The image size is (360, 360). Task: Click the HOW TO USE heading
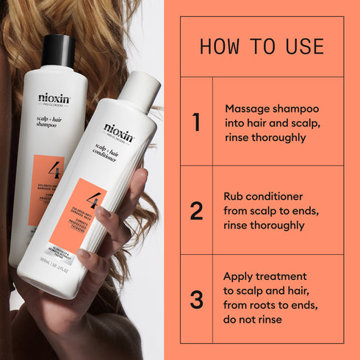262,47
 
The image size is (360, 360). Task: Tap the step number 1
196,122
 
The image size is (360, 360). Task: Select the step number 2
196,211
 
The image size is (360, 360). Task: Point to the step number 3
196,300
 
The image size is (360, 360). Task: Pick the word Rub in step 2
235,197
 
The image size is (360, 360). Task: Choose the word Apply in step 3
240,276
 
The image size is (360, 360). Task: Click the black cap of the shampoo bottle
59,50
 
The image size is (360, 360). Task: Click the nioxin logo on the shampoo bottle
55,97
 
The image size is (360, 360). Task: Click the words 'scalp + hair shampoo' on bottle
52,121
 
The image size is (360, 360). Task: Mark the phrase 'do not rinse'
254,320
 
